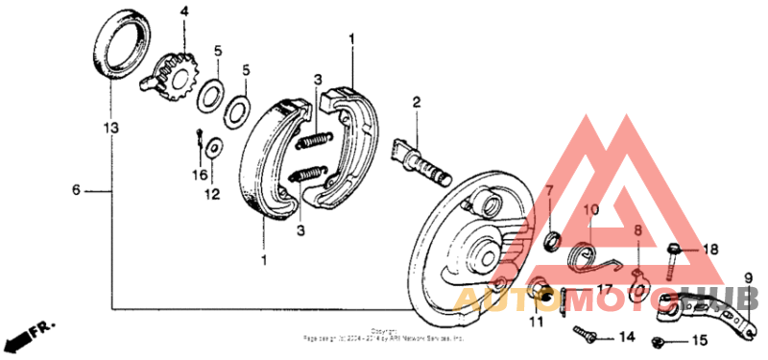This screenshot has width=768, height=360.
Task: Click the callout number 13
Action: (x=111, y=126)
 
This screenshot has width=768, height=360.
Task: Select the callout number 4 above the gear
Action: (x=184, y=12)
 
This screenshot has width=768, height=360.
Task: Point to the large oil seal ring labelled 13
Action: (x=124, y=46)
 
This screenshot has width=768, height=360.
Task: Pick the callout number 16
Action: (x=199, y=174)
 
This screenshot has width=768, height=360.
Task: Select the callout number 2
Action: (x=417, y=102)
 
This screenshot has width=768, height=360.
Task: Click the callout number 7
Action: (x=551, y=191)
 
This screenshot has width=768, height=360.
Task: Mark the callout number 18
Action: (x=709, y=249)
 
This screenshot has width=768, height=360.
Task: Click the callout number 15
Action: (x=698, y=340)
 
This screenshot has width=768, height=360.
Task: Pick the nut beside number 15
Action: (x=660, y=341)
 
